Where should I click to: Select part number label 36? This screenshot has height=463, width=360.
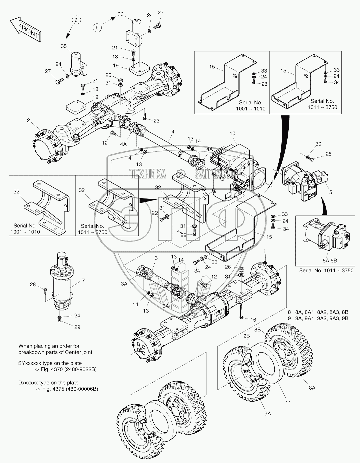click(120, 14)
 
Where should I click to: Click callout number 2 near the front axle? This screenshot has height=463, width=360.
click(29, 120)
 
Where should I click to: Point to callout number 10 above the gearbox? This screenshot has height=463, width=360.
click(232, 133)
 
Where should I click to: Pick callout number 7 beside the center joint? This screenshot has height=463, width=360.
click(83, 281)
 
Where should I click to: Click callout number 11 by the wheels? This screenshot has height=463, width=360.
click(288, 402)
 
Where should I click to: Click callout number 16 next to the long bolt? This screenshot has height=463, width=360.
click(253, 320)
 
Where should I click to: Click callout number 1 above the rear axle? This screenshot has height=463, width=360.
click(265, 250)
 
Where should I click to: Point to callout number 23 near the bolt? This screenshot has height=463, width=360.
click(156, 120)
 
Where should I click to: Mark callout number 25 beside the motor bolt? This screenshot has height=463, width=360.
click(328, 154)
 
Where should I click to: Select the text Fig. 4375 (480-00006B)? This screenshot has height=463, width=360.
click(68, 389)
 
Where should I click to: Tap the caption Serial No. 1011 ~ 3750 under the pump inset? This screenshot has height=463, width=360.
click(326, 271)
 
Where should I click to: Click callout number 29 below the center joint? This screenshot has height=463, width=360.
click(77, 327)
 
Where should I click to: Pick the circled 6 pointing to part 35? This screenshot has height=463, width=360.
click(76, 20)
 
